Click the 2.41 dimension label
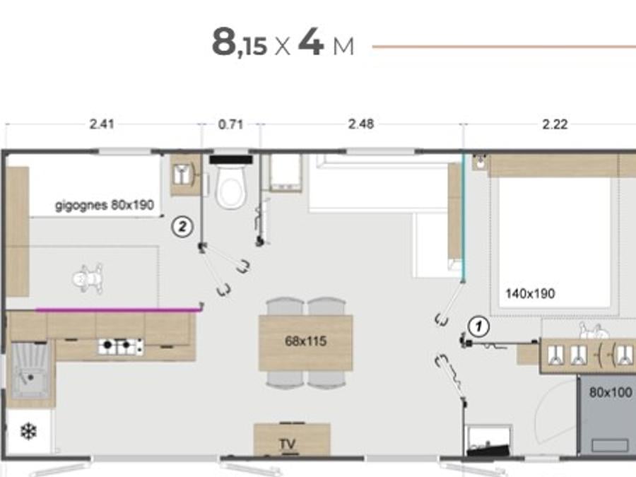101,124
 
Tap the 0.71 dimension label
230,124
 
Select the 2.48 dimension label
361,124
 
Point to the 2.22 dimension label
555,124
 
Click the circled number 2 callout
182,226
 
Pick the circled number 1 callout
478,326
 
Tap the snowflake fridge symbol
28,432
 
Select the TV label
287,444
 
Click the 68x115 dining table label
305,341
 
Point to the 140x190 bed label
530,293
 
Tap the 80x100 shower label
611,392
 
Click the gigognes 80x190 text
105,205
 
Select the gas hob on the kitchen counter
121,346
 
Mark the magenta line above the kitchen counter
118,310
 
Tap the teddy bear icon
88,278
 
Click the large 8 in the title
223,42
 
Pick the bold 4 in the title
311,42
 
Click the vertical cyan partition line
463,218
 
